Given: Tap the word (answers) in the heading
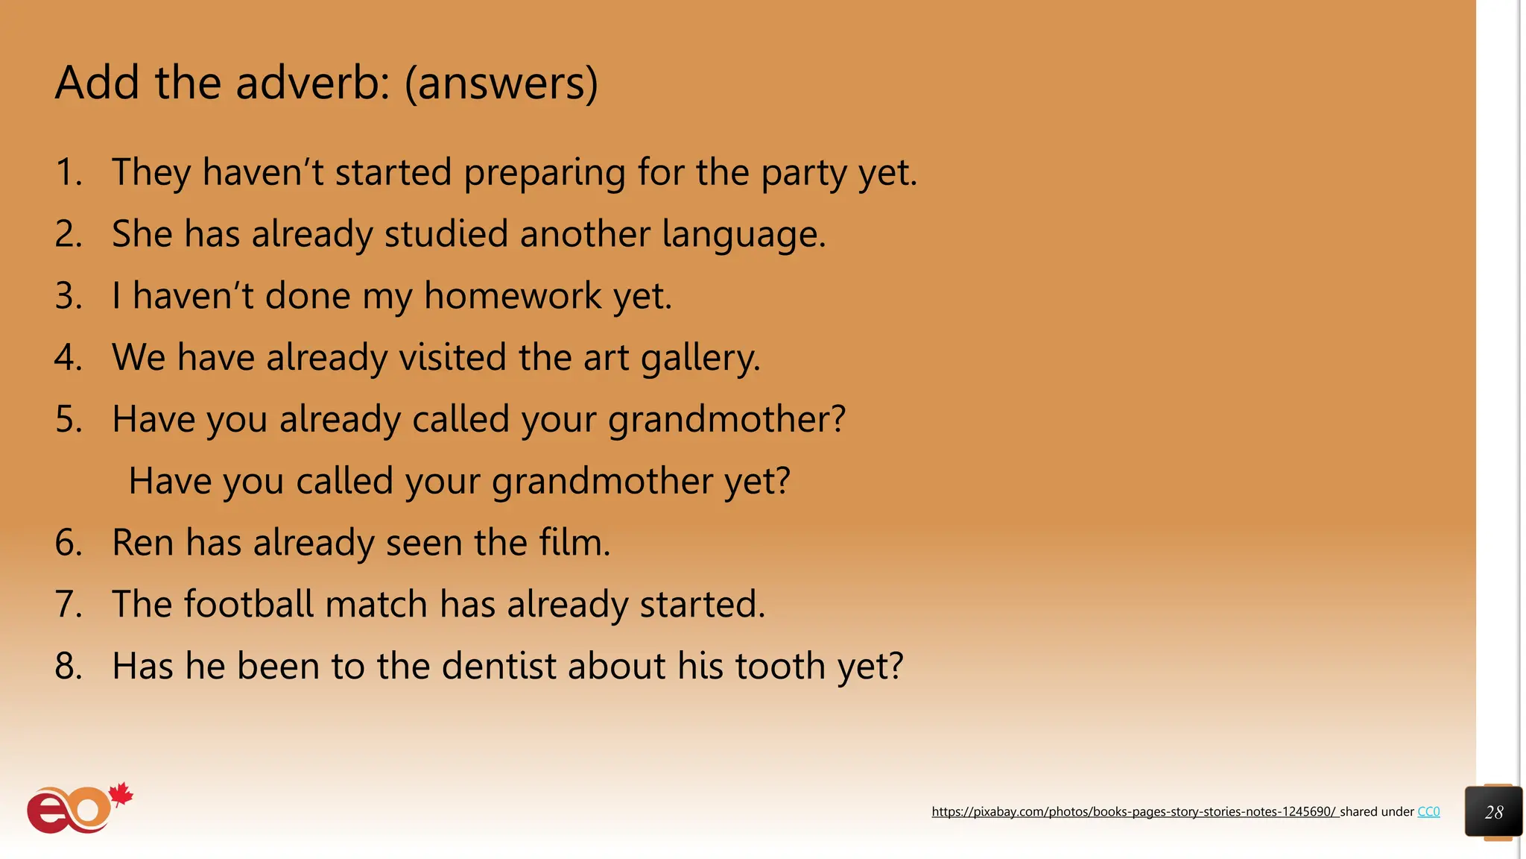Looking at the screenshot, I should tap(501, 84).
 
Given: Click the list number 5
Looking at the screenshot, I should tap(68, 419).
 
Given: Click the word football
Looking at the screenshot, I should tap(249, 604).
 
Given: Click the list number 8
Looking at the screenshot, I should tap(68, 666).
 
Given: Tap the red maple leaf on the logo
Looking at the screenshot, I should tap(121, 795).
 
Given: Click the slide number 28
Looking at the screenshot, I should tap(1494, 812).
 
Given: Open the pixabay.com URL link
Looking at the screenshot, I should tap(1134, 812).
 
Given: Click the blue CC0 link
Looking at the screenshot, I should tap(1428, 812).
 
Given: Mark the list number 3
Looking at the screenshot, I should tap(68, 296).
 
